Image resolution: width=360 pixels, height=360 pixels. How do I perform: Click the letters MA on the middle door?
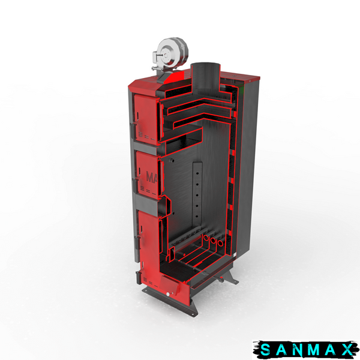point(152,177)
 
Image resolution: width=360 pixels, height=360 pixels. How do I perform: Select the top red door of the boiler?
point(145,119)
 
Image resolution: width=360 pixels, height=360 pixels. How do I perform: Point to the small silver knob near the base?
point(168,295)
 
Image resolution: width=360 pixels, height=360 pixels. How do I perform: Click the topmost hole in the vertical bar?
point(197,173)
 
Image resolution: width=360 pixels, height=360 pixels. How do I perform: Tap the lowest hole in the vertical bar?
point(197,216)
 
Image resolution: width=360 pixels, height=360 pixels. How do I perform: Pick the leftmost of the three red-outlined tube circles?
point(206,238)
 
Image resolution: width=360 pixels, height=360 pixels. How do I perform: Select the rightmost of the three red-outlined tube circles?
point(220,243)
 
